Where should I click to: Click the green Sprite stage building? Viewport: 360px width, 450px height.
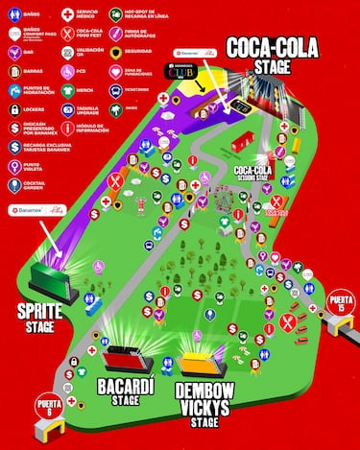49,278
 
